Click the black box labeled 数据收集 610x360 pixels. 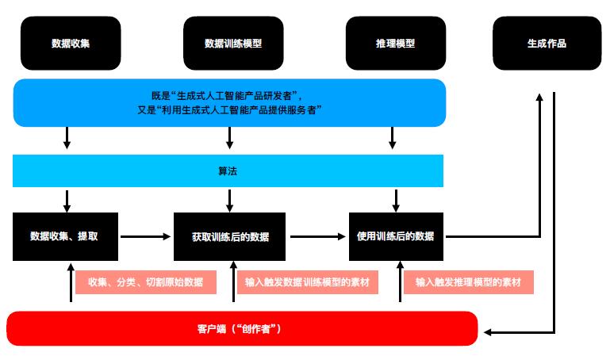point(71,43)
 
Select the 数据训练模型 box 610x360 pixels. point(233,43)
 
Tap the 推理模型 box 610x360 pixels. point(396,43)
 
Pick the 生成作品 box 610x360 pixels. point(547,43)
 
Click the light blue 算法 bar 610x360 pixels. point(228,170)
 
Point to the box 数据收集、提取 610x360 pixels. point(65,236)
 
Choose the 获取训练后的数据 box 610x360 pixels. point(229,236)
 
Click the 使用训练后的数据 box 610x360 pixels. point(396,236)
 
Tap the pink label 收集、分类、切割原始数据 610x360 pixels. point(146,282)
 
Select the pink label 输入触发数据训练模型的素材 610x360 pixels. point(308,282)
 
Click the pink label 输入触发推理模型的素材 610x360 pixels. point(469,282)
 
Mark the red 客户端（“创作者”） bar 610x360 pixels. point(242,328)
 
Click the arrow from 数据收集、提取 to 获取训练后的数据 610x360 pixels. point(145,236)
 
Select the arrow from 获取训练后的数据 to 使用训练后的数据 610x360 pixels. point(318,236)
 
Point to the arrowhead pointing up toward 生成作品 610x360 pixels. point(539,97)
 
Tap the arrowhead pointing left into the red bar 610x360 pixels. point(488,332)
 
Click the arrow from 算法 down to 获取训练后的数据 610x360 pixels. point(229,201)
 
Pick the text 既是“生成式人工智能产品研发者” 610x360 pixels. point(226,96)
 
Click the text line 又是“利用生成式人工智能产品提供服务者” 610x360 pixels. point(229,110)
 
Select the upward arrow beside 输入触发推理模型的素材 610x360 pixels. point(400,281)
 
